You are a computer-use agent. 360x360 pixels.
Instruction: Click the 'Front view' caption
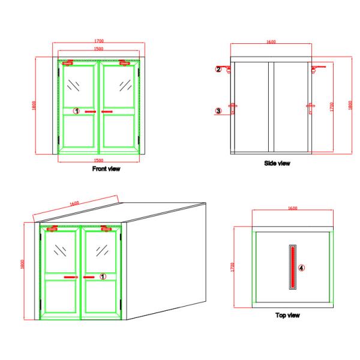tap(106, 169)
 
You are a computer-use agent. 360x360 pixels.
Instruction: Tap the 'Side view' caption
tap(277, 163)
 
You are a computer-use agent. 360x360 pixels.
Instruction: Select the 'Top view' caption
tap(287, 315)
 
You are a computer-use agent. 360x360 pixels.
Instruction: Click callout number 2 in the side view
tap(218, 69)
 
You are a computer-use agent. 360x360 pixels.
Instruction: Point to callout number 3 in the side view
tap(218, 111)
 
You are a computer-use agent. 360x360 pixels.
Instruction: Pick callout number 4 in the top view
tap(301, 268)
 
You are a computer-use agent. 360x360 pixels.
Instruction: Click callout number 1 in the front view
tap(76, 111)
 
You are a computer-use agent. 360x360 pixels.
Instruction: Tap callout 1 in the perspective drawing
tap(103, 277)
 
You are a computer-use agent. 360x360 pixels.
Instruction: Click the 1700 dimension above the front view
tap(99, 41)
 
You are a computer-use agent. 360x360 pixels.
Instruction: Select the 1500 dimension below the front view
tap(99, 160)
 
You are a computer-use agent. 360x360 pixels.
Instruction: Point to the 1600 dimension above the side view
tap(271, 42)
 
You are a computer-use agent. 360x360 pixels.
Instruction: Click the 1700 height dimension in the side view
tap(332, 107)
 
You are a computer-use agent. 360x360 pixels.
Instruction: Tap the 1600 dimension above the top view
tap(293, 208)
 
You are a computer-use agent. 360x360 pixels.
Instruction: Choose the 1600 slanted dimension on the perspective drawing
tap(74, 203)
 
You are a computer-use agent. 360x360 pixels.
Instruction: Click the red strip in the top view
tap(293, 267)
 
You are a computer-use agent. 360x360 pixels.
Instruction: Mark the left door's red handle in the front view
tap(91, 112)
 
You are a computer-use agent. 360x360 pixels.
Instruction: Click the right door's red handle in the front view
tap(107, 112)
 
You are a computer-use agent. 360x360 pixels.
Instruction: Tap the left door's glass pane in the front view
tap(78, 86)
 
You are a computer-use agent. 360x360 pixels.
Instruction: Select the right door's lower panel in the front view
tap(119, 131)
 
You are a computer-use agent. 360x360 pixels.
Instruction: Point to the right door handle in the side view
tap(310, 109)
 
